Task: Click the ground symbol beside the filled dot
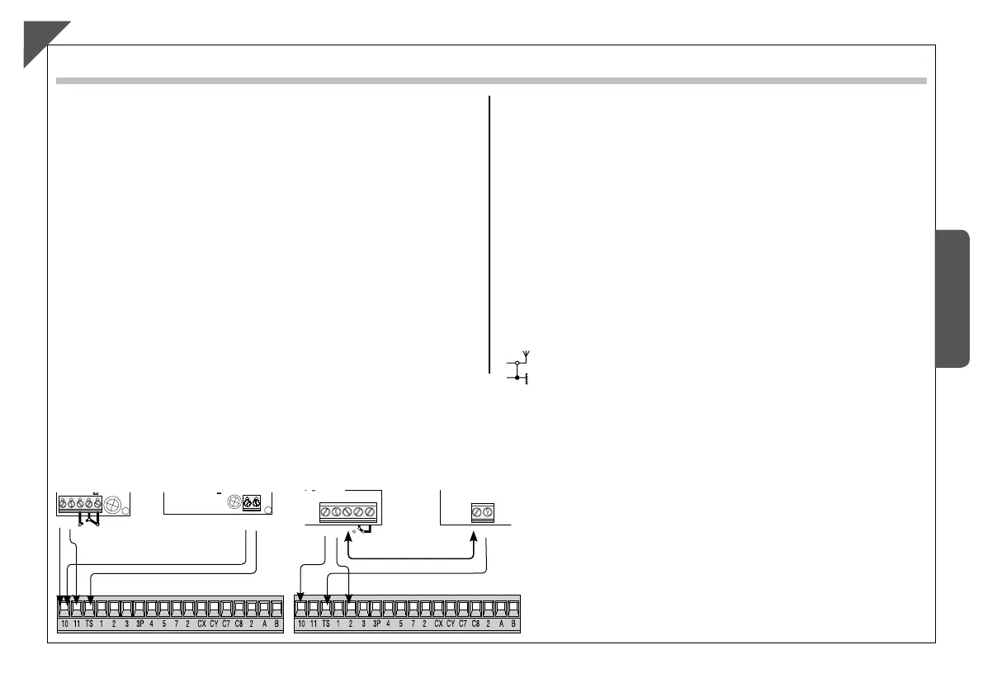click(527, 381)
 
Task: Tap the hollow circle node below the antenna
click(517, 363)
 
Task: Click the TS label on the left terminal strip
click(89, 624)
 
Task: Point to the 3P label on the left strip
click(139, 624)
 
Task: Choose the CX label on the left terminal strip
click(201, 624)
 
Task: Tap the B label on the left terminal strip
click(276, 624)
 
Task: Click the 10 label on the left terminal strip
click(64, 624)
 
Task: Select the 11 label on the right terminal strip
click(314, 624)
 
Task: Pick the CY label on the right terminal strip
click(451, 624)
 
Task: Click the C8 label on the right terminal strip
click(475, 624)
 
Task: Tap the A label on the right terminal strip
click(501, 624)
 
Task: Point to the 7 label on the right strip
click(414, 624)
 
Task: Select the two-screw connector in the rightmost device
click(481, 511)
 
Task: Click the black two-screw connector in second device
click(252, 501)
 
